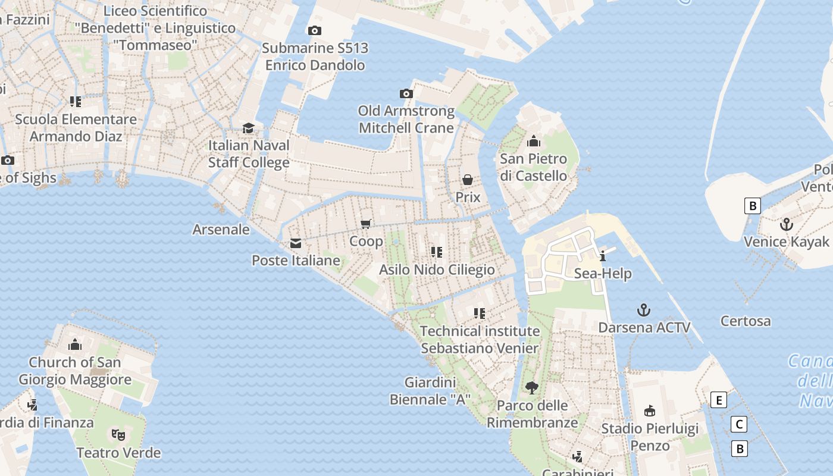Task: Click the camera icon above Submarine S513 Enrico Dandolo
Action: click(x=314, y=30)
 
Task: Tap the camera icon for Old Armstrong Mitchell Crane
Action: click(x=406, y=93)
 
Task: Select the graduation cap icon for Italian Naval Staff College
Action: click(x=248, y=128)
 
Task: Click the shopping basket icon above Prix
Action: click(x=468, y=179)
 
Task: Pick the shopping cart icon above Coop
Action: click(x=366, y=224)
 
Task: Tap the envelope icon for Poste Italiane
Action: click(x=295, y=243)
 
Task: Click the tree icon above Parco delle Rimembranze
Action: click(x=532, y=388)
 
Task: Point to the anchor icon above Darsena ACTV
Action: click(x=643, y=310)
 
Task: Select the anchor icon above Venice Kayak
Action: click(x=787, y=224)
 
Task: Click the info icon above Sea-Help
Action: click(x=603, y=256)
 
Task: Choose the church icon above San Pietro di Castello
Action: click(x=534, y=142)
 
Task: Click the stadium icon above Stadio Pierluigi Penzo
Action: click(x=650, y=411)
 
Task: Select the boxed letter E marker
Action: click(x=719, y=400)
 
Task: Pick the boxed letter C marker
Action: click(x=738, y=424)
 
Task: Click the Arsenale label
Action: click(x=221, y=229)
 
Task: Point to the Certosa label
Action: click(x=746, y=321)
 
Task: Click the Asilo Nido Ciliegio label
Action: click(x=437, y=270)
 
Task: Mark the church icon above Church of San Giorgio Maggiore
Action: click(x=75, y=345)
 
